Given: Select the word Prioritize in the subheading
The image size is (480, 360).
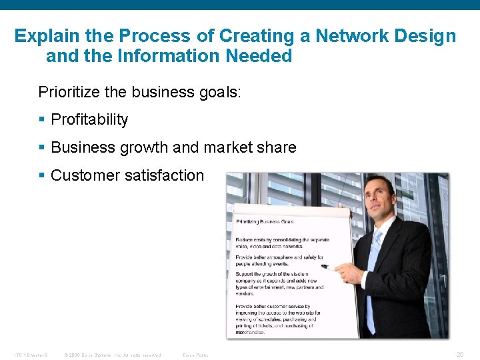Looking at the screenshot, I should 70,91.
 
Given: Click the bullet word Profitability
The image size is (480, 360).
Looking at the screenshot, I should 89,119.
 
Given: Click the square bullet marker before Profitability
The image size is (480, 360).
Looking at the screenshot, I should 42,120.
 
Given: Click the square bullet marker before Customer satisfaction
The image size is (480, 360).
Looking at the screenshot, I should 42,176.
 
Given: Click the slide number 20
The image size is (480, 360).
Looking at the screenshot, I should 459,355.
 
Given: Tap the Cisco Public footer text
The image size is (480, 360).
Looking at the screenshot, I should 195,355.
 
